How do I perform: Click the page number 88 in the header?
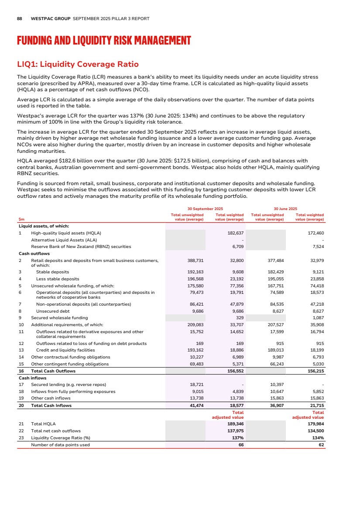tap(19, 19)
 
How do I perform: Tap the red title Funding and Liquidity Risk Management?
tap(104, 41)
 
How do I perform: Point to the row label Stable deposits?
tap(52, 272)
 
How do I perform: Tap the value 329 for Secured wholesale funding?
tap(240, 317)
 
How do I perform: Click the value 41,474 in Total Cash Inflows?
tap(195, 406)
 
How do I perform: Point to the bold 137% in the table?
tap(238, 438)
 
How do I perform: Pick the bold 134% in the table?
tap(318, 438)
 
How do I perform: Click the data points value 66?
tap(240, 445)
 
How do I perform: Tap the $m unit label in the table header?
tap(21, 219)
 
